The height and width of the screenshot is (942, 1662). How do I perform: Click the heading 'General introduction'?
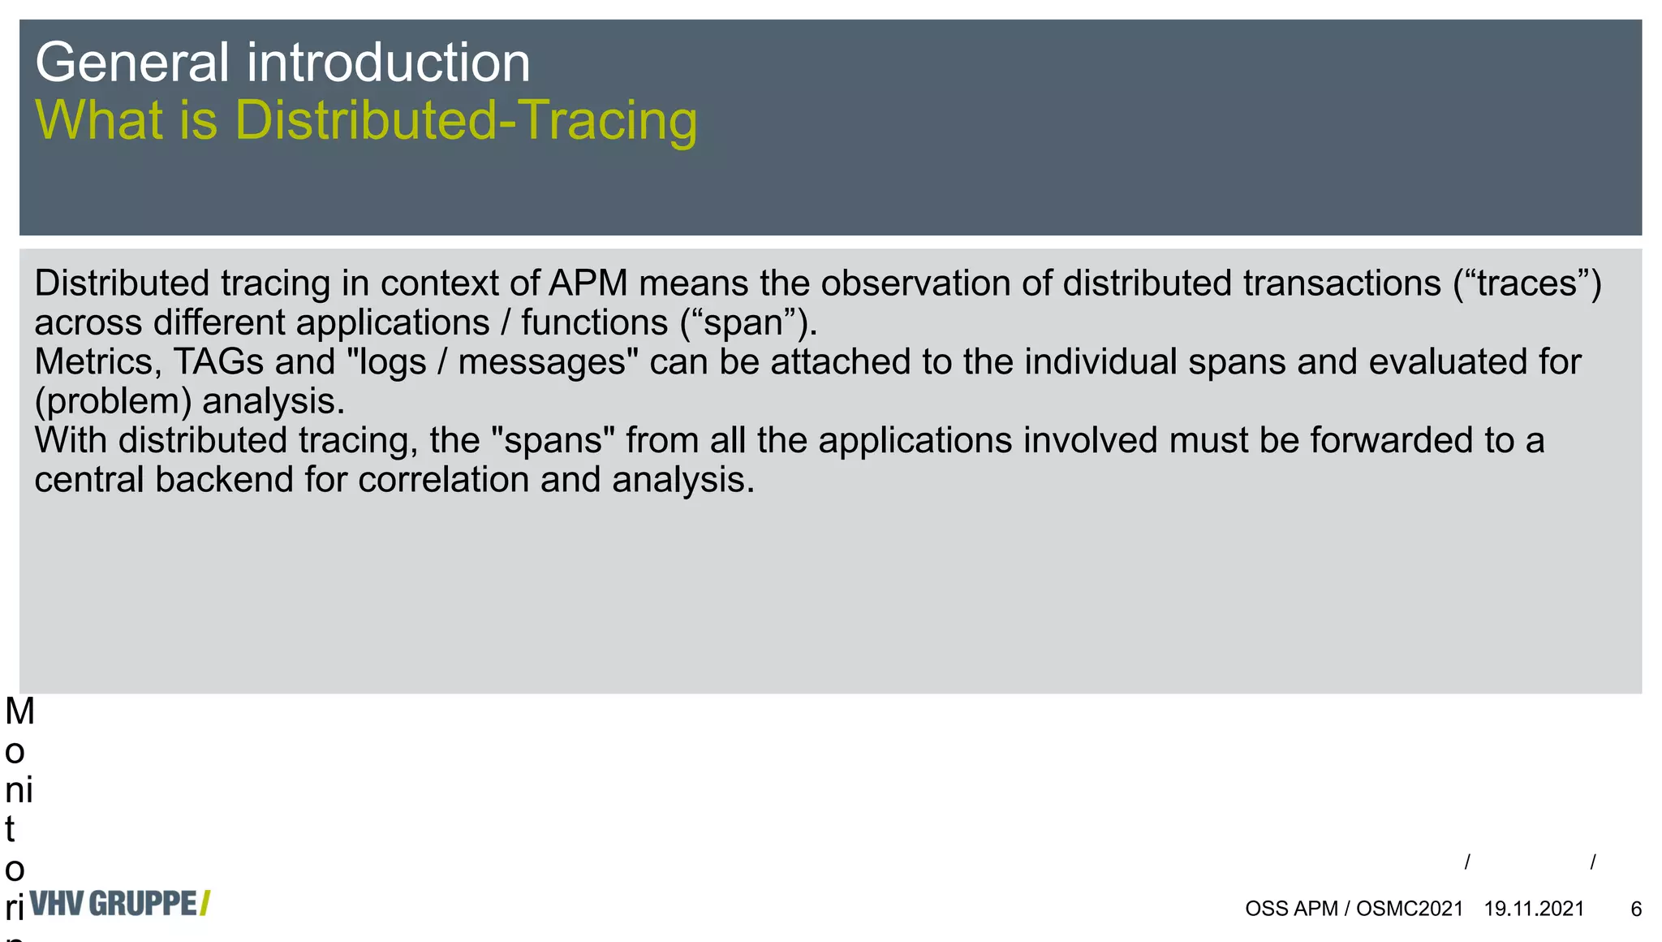coord(282,63)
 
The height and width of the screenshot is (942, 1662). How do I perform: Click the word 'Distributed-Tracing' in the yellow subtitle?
coord(466,120)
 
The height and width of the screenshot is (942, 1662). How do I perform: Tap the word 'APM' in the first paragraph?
coord(588,283)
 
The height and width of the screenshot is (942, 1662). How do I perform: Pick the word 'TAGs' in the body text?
coord(218,362)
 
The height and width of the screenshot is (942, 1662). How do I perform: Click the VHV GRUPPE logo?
coord(114,904)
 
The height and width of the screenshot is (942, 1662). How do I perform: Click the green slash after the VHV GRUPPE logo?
coord(205,904)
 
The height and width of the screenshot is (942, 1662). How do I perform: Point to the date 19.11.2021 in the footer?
coord(1534,909)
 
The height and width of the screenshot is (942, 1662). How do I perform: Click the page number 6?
coord(1636,909)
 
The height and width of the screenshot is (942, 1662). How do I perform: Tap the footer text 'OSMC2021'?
coord(1409,909)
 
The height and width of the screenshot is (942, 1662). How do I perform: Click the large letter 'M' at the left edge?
coord(19,712)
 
